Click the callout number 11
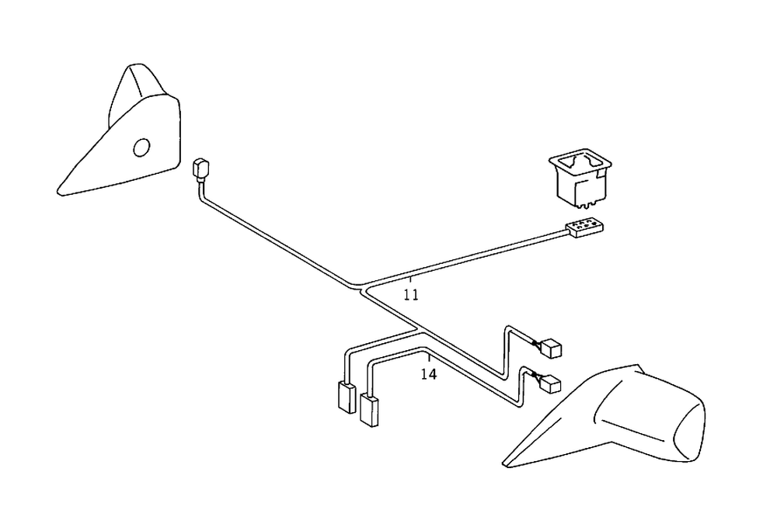coord(411,294)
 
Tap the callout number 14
coord(428,373)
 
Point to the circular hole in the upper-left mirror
coord(141,147)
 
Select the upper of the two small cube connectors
coord(553,349)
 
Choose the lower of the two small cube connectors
coord(550,383)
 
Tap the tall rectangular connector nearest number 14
coord(369,409)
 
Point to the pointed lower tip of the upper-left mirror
coord(61,190)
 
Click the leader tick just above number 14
coord(428,359)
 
